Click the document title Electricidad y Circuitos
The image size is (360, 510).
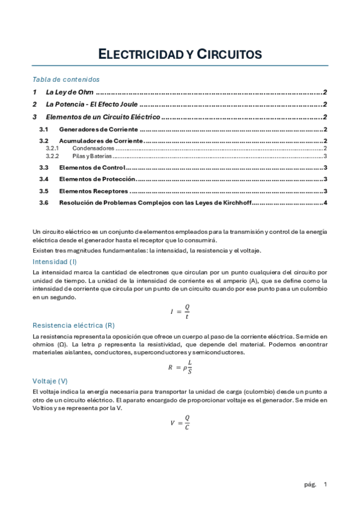[180, 54]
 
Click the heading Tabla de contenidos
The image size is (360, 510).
[66, 79]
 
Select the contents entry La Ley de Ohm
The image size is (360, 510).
[69, 93]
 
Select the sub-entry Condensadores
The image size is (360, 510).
[93, 148]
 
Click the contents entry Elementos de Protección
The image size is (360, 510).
[96, 179]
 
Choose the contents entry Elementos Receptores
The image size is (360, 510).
[93, 191]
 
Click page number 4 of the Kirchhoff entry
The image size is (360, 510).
[325, 203]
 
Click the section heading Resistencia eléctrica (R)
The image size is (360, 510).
[73, 325]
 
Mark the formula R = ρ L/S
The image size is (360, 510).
[180, 366]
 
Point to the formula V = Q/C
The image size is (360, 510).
[180, 422]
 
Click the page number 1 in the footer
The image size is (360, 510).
[325, 484]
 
